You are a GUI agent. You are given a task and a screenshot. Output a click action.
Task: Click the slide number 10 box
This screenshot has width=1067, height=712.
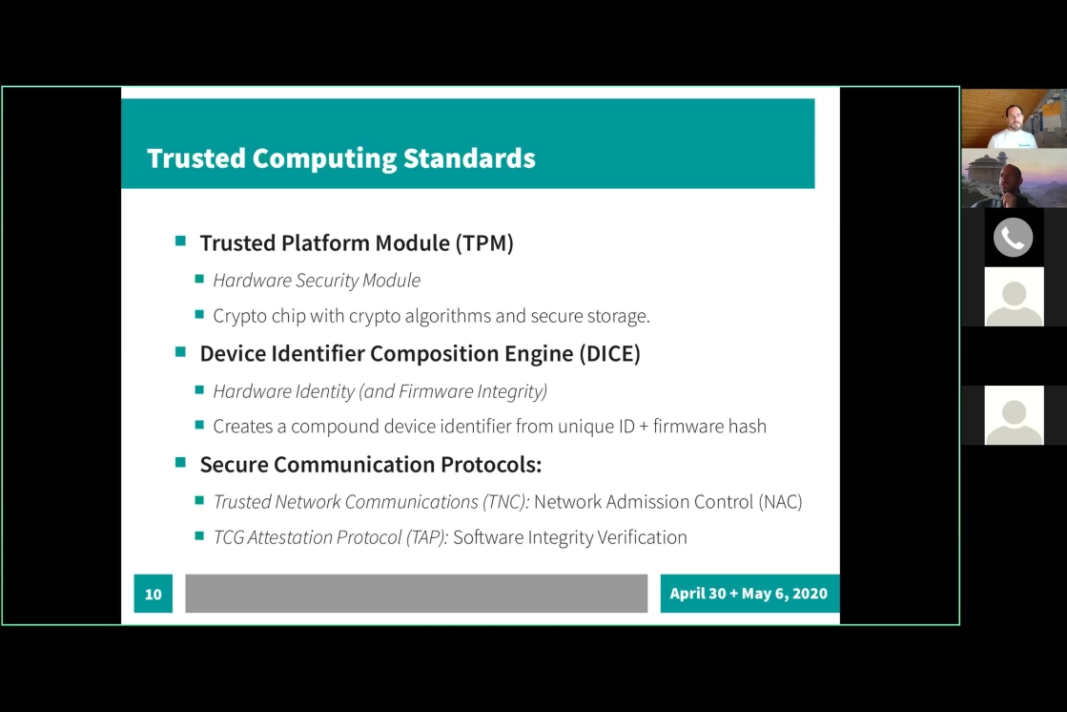(154, 594)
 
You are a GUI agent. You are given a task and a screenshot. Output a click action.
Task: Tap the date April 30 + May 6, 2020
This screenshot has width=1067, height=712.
(749, 594)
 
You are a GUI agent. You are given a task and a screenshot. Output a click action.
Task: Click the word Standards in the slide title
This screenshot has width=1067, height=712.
(469, 158)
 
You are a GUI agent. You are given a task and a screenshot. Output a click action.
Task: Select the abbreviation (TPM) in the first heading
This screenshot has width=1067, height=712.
(484, 243)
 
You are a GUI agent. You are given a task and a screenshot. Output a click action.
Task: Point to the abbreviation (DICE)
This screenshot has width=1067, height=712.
(609, 354)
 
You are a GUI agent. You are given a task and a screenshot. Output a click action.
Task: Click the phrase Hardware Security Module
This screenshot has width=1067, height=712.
(317, 281)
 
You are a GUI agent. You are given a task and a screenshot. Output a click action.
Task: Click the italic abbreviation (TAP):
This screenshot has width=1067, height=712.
(426, 537)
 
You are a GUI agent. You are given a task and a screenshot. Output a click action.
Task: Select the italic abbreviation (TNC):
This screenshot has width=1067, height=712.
(505, 502)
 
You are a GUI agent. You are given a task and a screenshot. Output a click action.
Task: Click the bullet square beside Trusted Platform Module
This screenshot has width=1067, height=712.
(180, 241)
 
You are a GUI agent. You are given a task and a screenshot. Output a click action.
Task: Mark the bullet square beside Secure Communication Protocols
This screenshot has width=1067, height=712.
(180, 462)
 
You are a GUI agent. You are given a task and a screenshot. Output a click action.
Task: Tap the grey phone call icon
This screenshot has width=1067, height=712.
(1014, 238)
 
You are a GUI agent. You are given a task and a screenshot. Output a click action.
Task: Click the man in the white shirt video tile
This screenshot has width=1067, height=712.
(1014, 118)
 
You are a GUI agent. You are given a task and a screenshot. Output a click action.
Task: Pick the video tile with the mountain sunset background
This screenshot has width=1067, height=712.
(1014, 178)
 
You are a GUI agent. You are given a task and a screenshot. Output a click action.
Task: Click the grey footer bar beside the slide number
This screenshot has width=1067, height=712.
(417, 594)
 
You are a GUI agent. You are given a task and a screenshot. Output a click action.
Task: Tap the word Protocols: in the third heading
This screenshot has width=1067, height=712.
(491, 465)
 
